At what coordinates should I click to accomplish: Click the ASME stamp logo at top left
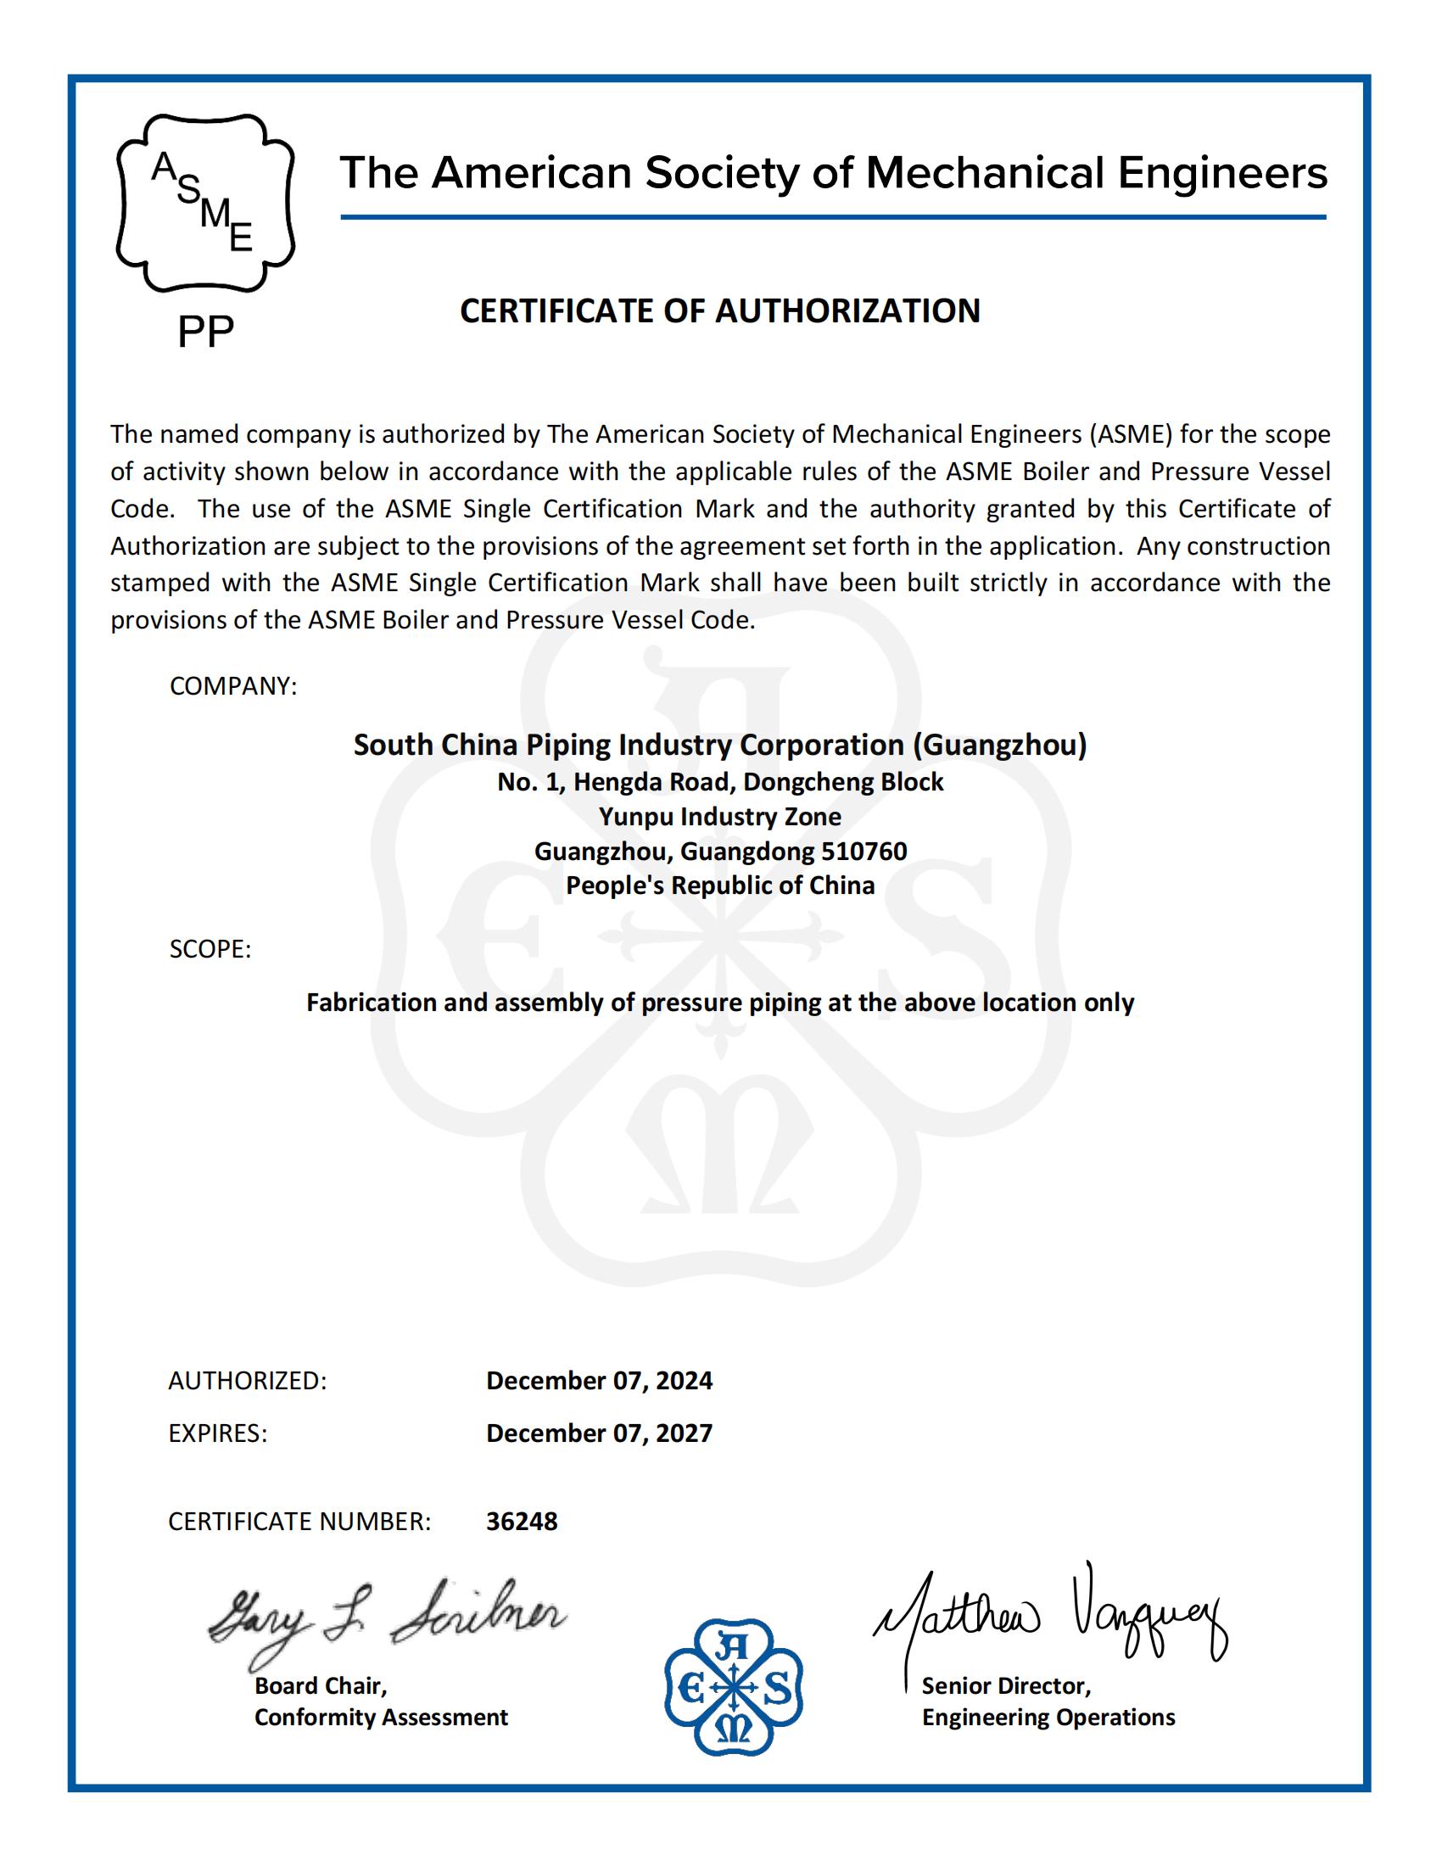click(205, 204)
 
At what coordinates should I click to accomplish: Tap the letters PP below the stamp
click(205, 332)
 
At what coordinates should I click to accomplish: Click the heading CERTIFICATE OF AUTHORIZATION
click(720, 311)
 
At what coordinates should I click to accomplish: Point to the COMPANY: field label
click(233, 686)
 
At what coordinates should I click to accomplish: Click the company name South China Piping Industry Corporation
click(720, 745)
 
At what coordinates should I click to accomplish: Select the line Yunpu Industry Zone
click(720, 817)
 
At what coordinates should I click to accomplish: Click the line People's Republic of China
click(720, 886)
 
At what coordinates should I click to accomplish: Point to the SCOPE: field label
click(210, 949)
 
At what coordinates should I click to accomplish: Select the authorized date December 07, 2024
click(599, 1381)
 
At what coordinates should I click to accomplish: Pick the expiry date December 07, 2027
click(599, 1433)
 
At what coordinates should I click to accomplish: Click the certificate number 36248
click(521, 1521)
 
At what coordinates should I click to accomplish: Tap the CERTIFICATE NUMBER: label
click(299, 1522)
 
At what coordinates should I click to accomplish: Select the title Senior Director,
click(1006, 1685)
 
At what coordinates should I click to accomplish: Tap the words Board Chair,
click(321, 1685)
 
